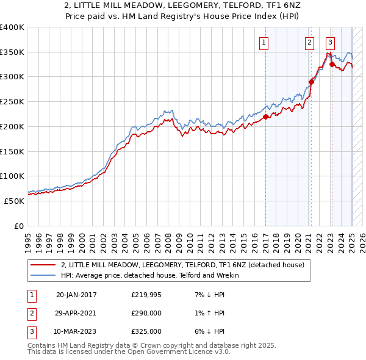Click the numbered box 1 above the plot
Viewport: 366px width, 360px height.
click(264, 42)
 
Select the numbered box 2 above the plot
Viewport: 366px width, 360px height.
click(310, 42)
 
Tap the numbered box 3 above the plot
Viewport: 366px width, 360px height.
click(330, 42)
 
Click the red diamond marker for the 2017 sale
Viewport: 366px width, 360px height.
click(266, 117)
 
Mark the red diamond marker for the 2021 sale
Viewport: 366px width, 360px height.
click(312, 82)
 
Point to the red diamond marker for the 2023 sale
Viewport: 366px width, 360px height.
click(332, 64)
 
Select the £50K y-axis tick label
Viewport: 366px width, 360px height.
click(14, 200)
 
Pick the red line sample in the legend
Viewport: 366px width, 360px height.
click(43, 265)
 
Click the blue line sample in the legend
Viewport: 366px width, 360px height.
click(43, 275)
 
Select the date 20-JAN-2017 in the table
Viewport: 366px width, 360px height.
click(76, 295)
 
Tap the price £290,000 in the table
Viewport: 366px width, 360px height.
click(146, 313)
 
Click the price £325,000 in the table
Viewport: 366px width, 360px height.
click(146, 331)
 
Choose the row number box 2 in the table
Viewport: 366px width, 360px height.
click(30, 313)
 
